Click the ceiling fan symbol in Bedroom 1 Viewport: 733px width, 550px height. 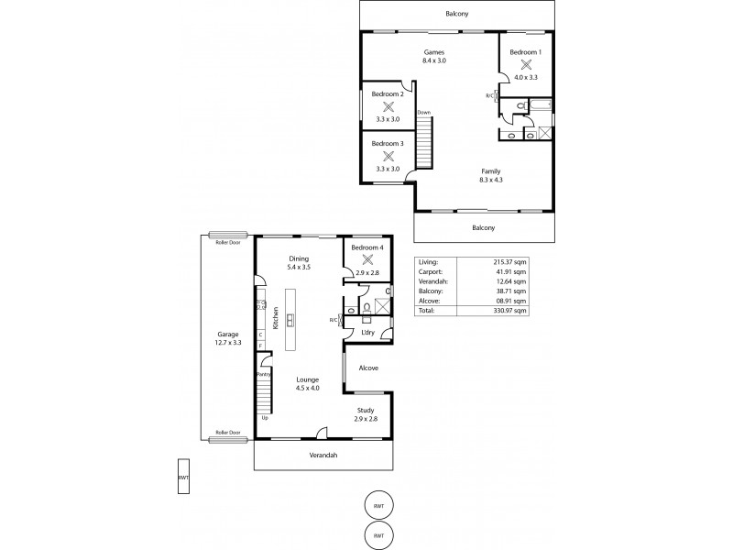tap(526, 64)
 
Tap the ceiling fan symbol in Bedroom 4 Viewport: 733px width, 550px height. tap(366, 260)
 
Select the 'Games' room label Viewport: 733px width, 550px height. tap(434, 52)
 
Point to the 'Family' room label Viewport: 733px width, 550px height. tap(492, 170)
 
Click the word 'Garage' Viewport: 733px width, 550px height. tap(227, 334)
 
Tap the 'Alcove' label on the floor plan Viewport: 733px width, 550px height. tap(367, 368)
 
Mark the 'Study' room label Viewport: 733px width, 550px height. tap(366, 410)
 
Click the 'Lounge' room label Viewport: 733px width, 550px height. tap(307, 379)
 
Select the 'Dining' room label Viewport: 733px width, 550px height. tap(299, 258)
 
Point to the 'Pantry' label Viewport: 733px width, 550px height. tap(263, 374)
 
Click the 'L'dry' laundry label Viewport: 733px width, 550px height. tap(367, 332)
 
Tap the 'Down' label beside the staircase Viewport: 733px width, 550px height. tap(423, 113)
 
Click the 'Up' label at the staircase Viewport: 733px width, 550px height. tap(265, 417)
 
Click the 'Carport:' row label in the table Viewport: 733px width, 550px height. tap(430, 271)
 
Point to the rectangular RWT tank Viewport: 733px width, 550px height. tap(184, 477)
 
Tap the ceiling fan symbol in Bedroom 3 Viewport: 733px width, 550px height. tap(388, 156)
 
